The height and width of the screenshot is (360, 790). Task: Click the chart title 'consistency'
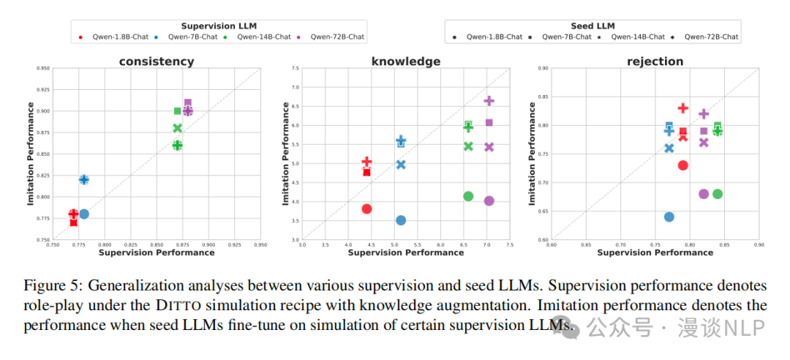(x=157, y=61)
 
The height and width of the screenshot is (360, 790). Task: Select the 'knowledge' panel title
(x=406, y=61)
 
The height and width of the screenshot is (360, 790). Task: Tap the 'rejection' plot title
(x=655, y=61)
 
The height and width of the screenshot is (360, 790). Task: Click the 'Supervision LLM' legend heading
(x=219, y=26)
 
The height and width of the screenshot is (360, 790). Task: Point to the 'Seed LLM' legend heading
(x=592, y=26)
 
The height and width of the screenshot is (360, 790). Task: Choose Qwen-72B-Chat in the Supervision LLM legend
(x=337, y=37)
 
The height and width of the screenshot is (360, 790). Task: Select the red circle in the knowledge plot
(x=366, y=209)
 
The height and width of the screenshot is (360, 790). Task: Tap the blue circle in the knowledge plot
(x=401, y=220)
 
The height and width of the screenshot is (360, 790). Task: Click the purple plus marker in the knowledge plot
(x=489, y=101)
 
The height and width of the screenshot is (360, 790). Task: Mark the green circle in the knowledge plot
(x=468, y=196)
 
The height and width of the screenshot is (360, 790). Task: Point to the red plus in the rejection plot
(x=683, y=108)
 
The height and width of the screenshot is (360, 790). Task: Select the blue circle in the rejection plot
(x=669, y=217)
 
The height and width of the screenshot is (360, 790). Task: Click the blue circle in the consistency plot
(x=84, y=214)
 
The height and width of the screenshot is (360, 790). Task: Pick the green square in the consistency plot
(x=177, y=111)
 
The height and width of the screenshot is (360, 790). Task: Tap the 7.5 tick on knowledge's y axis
(x=295, y=68)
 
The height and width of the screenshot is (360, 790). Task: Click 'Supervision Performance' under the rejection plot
(x=655, y=252)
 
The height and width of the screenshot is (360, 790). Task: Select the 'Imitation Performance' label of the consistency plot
(x=31, y=153)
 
